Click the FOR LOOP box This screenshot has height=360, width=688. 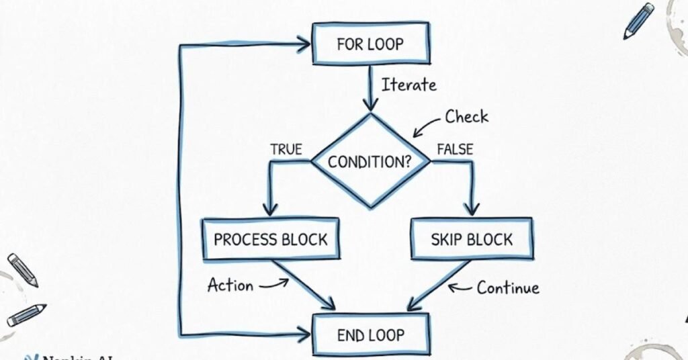click(370, 44)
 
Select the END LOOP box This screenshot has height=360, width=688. click(370, 334)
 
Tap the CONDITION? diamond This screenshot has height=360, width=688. click(369, 162)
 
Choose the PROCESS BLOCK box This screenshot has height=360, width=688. click(270, 239)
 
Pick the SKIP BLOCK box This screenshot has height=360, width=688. click(471, 239)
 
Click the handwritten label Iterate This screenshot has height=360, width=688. click(408, 85)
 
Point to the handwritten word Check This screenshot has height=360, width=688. click(466, 117)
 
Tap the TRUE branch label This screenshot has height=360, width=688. click(286, 149)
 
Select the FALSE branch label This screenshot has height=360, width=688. click(455, 149)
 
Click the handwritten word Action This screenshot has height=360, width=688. click(230, 285)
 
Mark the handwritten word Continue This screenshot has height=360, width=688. click(507, 288)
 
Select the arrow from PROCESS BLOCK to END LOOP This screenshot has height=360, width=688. click(304, 285)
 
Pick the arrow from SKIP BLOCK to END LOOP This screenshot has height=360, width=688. click(440, 285)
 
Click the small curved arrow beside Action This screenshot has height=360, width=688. click(273, 284)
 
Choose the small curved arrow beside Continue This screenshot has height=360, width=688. click(460, 287)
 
